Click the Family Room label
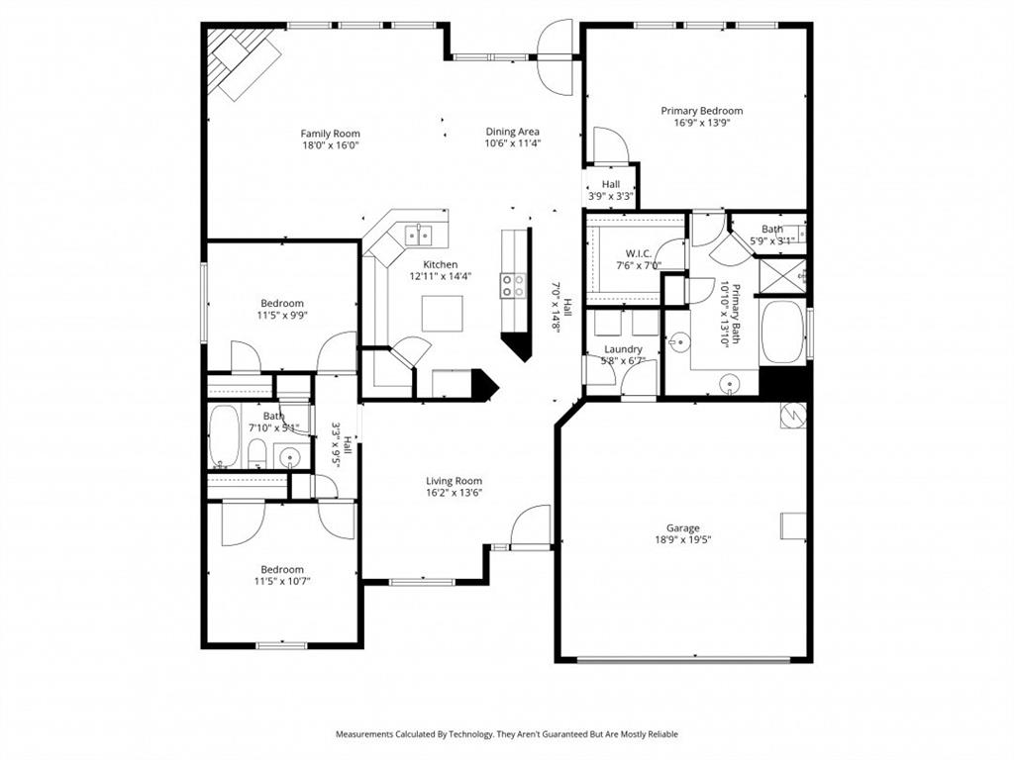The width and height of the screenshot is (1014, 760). click(x=330, y=134)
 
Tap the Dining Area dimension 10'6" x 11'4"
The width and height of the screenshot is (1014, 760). click(x=512, y=143)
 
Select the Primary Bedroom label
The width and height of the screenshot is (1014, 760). click(x=701, y=111)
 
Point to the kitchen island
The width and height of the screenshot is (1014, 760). click(x=441, y=313)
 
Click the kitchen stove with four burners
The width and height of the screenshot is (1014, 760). click(x=514, y=285)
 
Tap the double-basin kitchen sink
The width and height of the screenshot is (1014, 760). click(x=418, y=235)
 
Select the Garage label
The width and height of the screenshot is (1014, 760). click(x=682, y=527)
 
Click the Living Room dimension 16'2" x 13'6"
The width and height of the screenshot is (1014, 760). click(x=454, y=494)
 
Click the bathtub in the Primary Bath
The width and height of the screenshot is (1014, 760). click(x=783, y=332)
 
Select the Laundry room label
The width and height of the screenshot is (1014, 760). click(x=623, y=349)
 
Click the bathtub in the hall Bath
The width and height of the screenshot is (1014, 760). click(x=225, y=435)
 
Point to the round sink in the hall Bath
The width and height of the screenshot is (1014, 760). click(x=289, y=456)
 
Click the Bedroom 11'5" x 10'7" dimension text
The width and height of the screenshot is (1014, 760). click(x=282, y=582)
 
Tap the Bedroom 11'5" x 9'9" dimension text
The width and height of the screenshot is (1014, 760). click(x=282, y=316)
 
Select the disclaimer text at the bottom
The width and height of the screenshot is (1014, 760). click(x=506, y=734)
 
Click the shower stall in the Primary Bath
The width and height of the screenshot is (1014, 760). click(x=780, y=273)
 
